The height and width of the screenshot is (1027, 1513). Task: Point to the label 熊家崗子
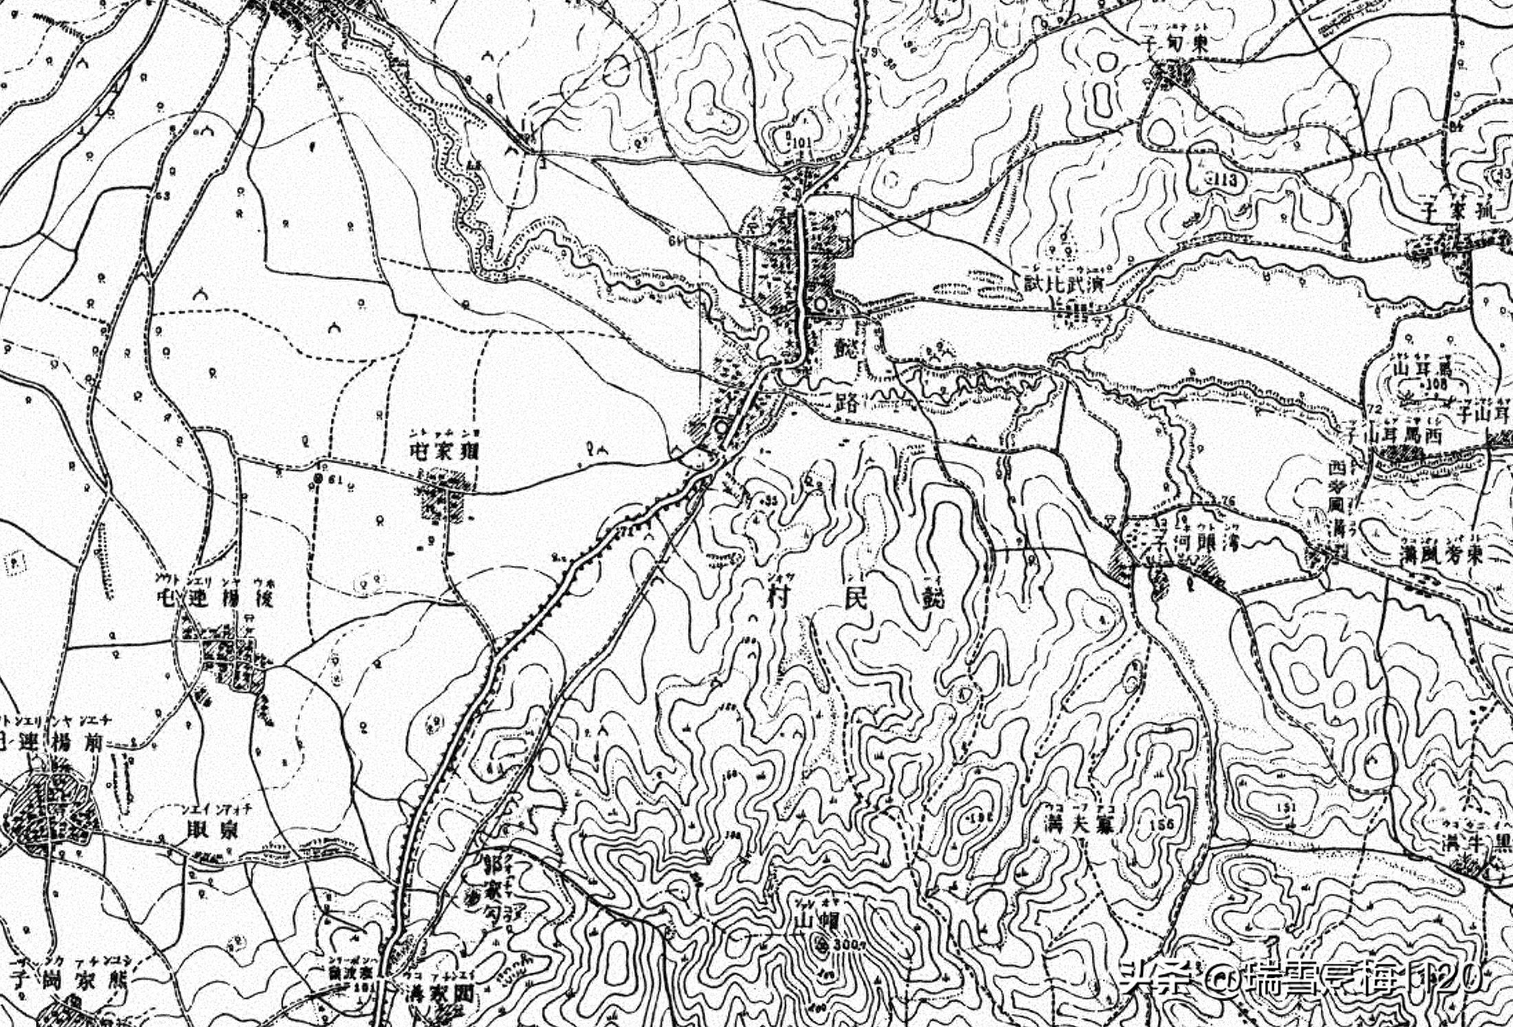65,982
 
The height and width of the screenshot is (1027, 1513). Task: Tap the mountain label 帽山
814,922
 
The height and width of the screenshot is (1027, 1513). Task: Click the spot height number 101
802,143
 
